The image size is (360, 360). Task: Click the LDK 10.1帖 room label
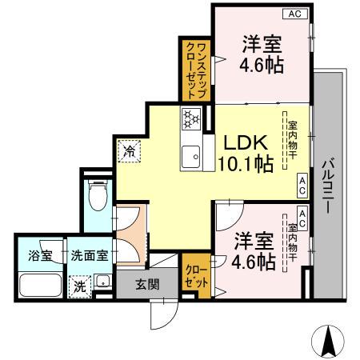(x=246, y=153)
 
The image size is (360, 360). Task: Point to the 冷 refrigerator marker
(x=129, y=150)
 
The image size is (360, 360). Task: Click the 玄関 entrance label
(x=146, y=283)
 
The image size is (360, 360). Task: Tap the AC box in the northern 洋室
(x=294, y=14)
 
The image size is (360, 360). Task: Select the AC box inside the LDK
(x=302, y=186)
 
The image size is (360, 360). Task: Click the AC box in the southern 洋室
(x=302, y=214)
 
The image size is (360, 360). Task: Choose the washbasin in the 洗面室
(x=103, y=282)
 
